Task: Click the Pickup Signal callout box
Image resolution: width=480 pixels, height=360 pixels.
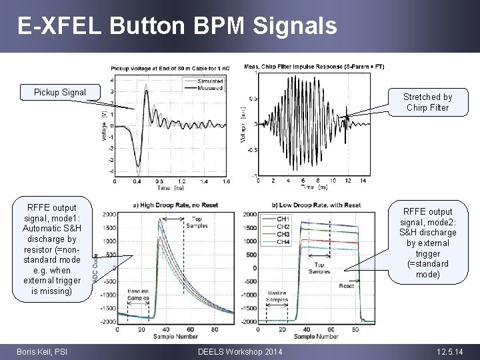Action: click(x=60, y=92)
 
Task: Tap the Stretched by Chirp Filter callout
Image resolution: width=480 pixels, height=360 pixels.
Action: click(x=427, y=102)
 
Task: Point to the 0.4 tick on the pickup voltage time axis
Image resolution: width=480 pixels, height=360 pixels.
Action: click(x=136, y=181)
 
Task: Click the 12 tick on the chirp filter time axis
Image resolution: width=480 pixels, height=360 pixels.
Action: click(x=348, y=181)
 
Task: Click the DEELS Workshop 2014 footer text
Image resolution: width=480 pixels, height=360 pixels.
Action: click(x=240, y=351)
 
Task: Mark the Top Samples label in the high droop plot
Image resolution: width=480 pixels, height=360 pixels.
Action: click(x=197, y=222)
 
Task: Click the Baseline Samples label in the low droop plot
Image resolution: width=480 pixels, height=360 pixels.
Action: click(x=279, y=296)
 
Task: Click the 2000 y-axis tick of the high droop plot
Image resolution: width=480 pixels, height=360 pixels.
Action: click(x=109, y=215)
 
